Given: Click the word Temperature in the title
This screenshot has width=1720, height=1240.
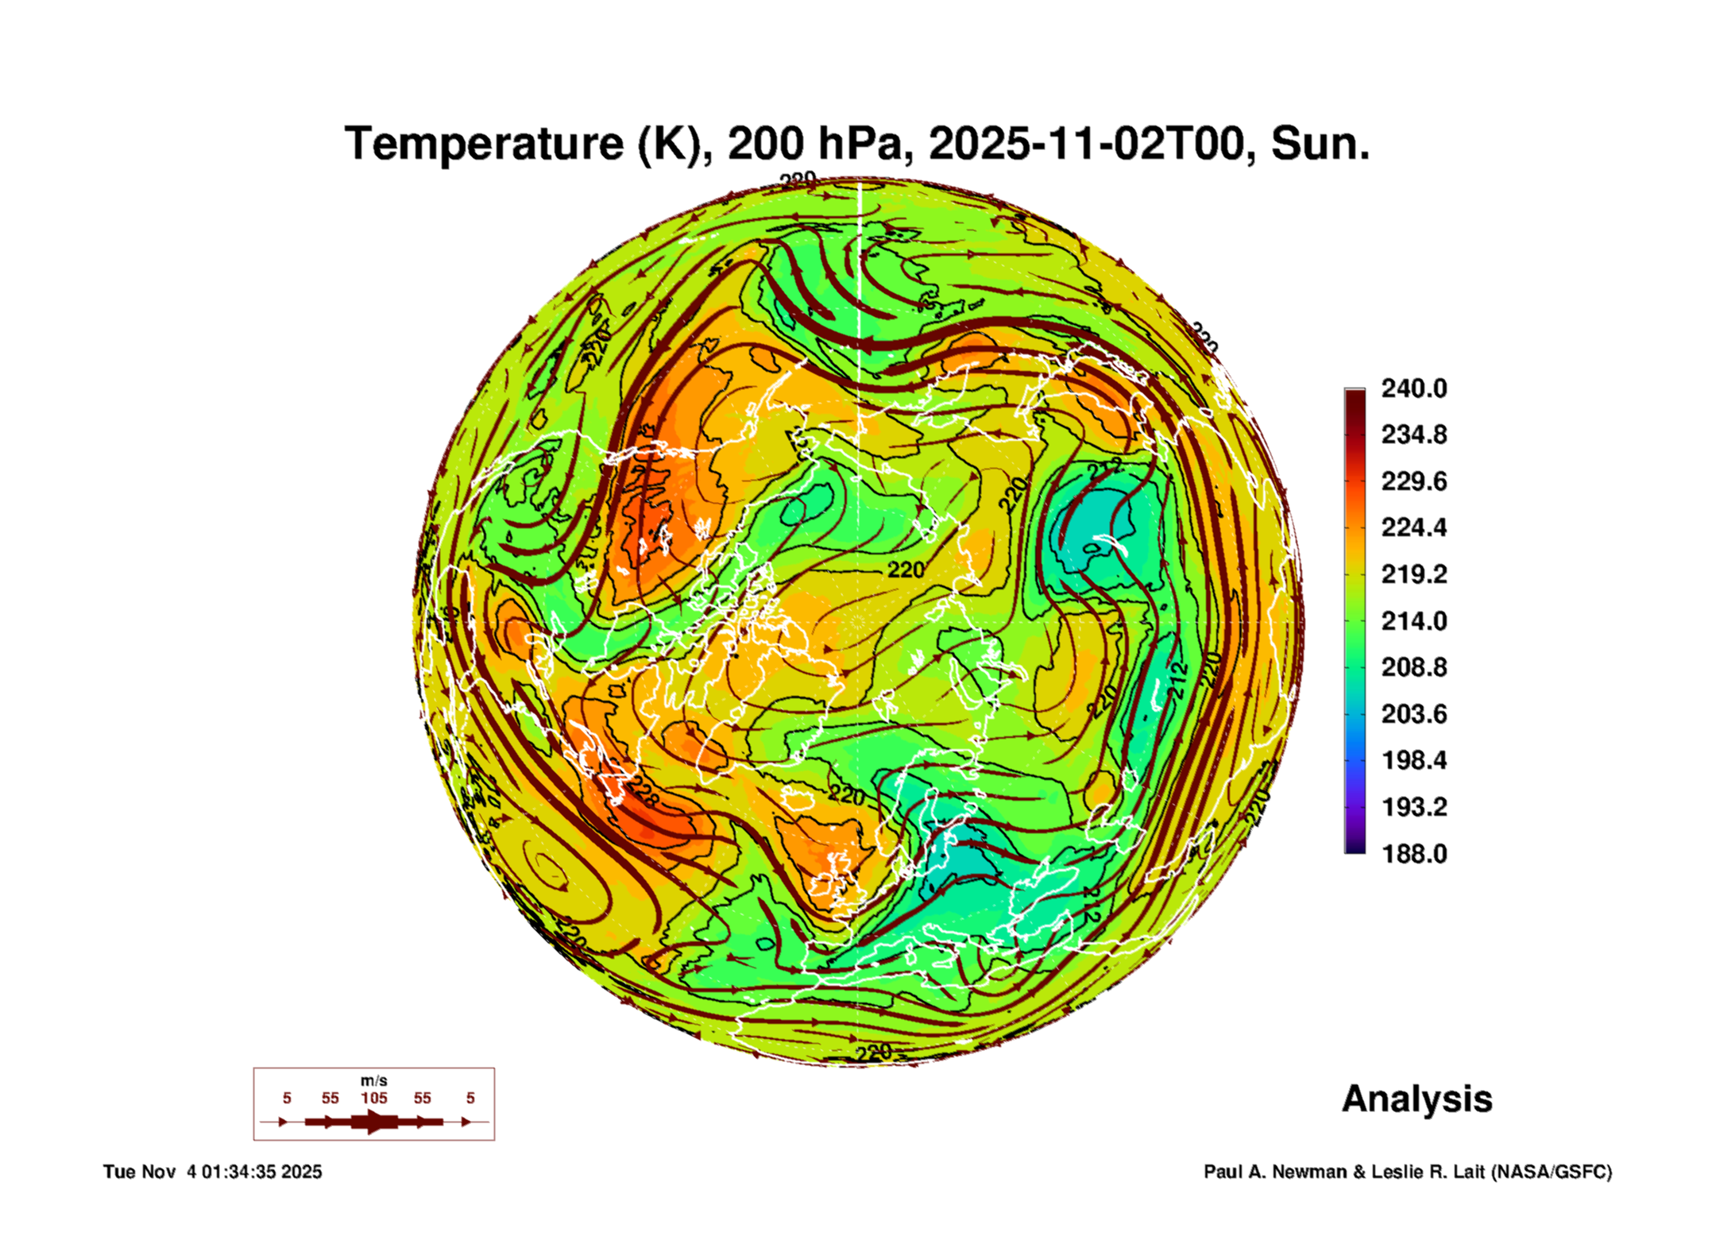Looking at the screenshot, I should [484, 144].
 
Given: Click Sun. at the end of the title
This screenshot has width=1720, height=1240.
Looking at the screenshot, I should [1320, 144].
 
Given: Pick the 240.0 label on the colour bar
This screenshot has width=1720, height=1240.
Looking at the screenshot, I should [1413, 388].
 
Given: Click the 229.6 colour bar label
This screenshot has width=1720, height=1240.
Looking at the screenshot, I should [1413, 481].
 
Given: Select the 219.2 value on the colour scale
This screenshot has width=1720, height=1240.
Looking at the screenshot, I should [1413, 574].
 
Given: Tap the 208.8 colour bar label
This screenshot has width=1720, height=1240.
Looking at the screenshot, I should [1413, 667].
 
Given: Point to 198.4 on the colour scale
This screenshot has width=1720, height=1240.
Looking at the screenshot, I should [1413, 760].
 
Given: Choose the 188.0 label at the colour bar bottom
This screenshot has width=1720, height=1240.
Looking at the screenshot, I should [1413, 854].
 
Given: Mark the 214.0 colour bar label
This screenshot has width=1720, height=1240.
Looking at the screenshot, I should [1413, 621].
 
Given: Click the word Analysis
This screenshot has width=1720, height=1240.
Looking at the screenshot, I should [1417, 1099].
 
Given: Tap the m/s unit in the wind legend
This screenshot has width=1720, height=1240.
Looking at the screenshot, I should [373, 1080].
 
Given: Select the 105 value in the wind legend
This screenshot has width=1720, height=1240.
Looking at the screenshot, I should [373, 1098].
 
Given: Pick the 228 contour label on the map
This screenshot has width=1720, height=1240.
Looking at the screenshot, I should [642, 793].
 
